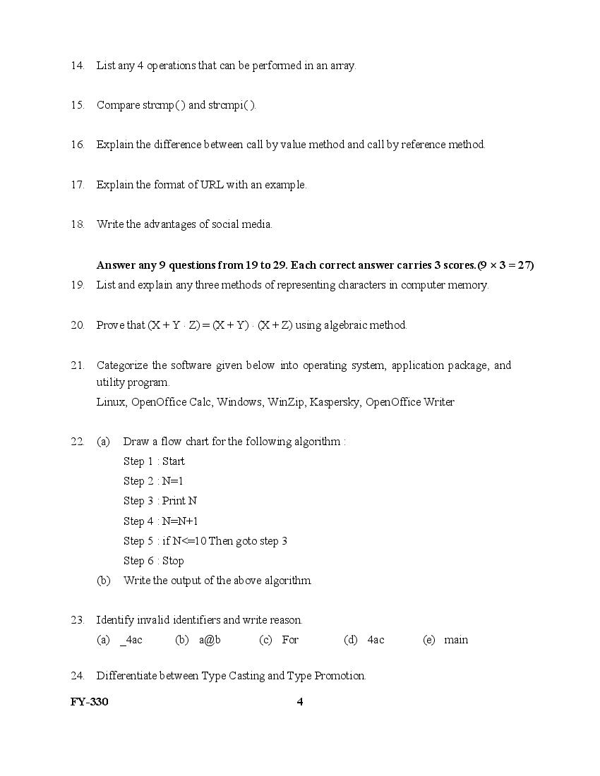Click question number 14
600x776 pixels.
click(x=77, y=66)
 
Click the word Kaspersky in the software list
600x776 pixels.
click(x=335, y=402)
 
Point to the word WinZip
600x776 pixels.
click(x=286, y=402)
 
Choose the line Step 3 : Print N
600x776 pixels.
click(x=160, y=501)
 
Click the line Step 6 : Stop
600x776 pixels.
click(x=153, y=561)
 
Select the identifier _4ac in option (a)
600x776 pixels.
click(x=131, y=640)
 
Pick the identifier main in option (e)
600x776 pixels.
click(x=456, y=640)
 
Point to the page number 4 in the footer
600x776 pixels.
click(x=300, y=701)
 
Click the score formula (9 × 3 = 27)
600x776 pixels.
click(x=505, y=265)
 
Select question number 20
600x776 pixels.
click(x=77, y=325)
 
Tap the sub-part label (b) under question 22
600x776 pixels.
click(x=103, y=581)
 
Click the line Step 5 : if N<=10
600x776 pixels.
click(x=205, y=541)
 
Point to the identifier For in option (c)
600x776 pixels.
click(x=290, y=640)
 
